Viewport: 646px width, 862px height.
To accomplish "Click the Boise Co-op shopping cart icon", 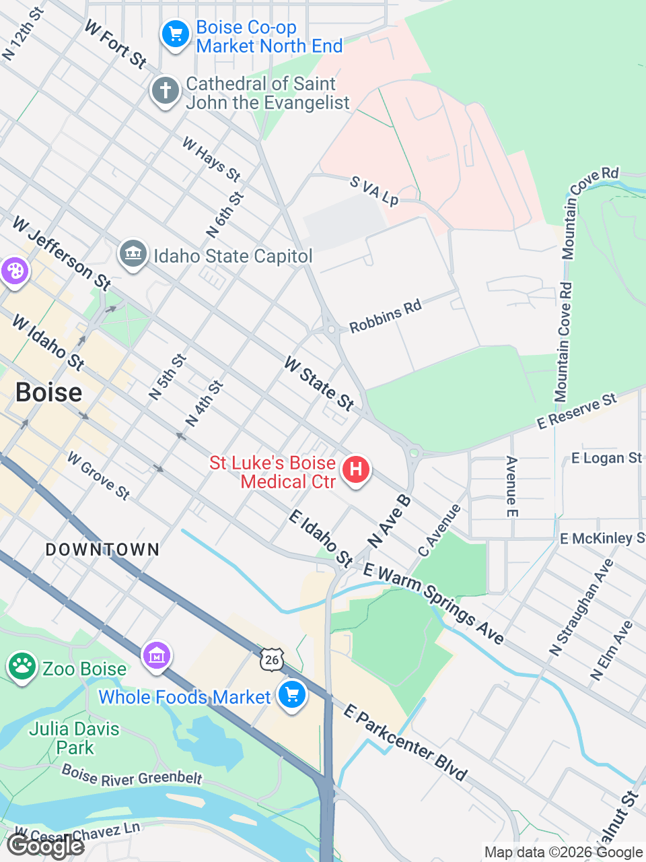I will (176, 33).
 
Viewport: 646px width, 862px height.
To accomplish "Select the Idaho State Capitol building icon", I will (133, 254).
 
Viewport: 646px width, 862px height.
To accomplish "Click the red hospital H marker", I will (356, 469).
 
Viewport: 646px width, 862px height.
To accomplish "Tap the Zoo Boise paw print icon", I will (22, 666).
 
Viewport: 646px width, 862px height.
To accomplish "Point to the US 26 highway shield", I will (272, 659).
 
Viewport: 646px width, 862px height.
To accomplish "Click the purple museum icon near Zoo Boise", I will (157, 655).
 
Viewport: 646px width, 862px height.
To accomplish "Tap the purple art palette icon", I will (13, 271).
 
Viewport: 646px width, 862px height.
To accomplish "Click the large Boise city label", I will (49, 392).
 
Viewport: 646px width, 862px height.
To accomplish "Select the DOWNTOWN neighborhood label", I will (102, 550).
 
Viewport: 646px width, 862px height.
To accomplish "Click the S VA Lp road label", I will (374, 191).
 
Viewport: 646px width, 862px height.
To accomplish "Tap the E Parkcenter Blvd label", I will (405, 742).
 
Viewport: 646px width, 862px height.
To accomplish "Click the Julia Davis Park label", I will (74, 738).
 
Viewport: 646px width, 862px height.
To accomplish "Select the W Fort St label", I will (115, 44).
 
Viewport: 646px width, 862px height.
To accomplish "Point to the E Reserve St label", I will (577, 411).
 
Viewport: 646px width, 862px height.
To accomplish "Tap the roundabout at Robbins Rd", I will (330, 329).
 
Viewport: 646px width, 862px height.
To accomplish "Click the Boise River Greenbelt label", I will (132, 775).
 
